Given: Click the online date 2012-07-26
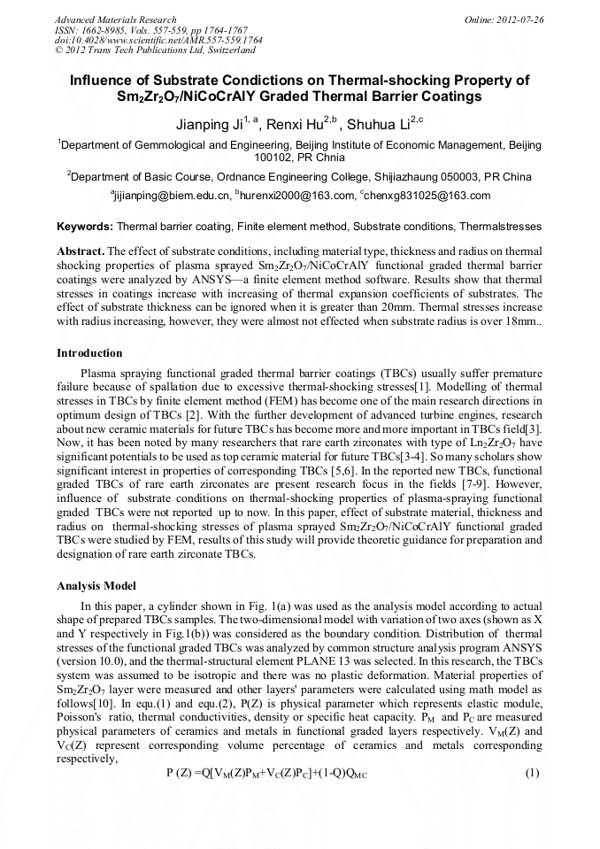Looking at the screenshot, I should coord(519,19).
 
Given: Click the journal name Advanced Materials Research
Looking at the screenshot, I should coord(116,19).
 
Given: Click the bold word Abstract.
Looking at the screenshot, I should coord(81,251).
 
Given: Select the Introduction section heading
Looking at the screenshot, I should coord(89,353).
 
